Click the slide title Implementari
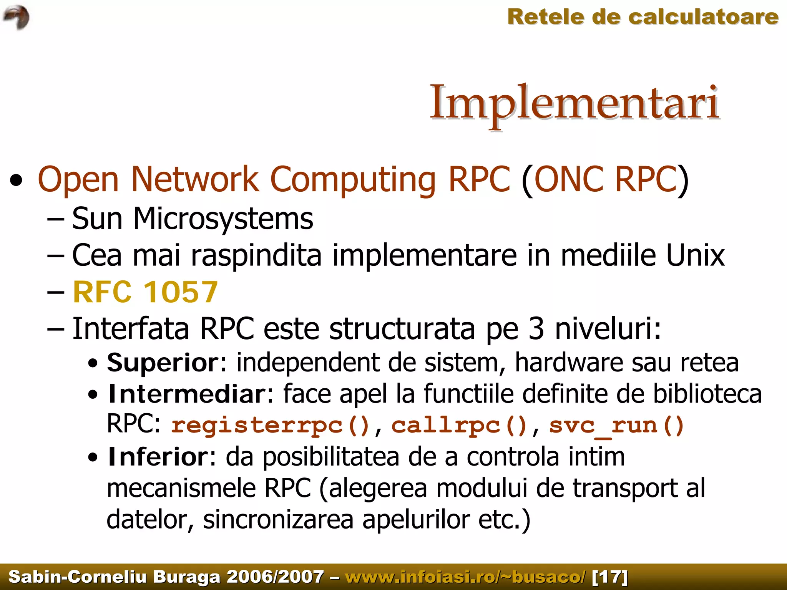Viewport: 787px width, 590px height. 574,103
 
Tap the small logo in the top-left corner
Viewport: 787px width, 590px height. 16,17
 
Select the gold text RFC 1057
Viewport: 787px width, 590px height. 145,292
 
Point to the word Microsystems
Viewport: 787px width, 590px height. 223,218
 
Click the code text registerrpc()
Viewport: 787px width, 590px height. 271,426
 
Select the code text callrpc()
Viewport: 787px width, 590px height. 459,426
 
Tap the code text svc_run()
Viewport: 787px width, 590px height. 616,426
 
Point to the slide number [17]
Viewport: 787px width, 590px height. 610,577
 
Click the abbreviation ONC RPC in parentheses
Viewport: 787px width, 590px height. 605,179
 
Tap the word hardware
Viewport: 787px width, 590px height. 569,362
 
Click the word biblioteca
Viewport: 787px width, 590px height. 707,394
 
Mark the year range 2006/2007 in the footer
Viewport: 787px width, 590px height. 275,577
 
